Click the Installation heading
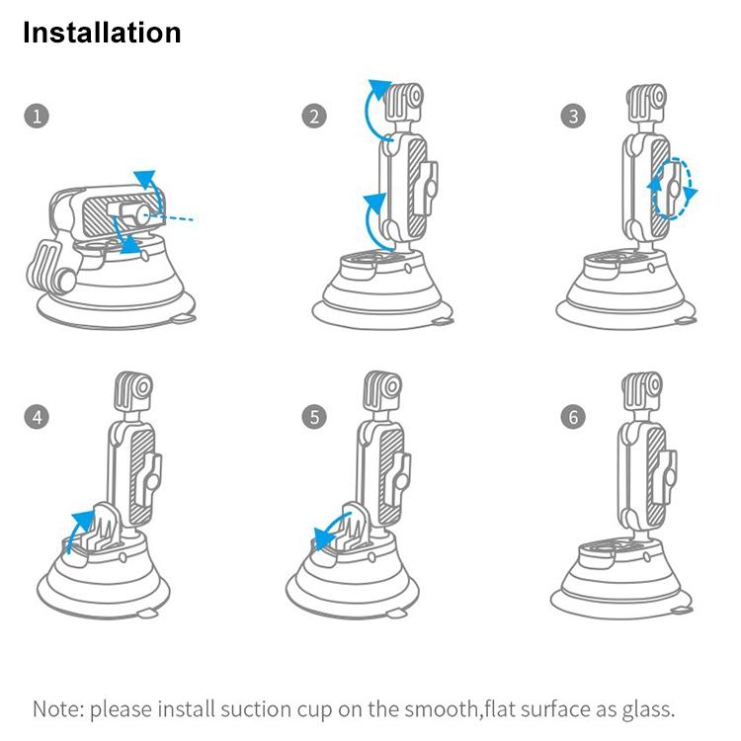[x=102, y=33]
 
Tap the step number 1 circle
[x=36, y=117]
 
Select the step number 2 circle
[x=313, y=117]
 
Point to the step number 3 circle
[x=573, y=117]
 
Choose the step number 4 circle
[x=36, y=416]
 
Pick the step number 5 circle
[x=313, y=416]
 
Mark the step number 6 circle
[x=573, y=416]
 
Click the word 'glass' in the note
[x=647, y=709]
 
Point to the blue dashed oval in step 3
[x=673, y=188]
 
